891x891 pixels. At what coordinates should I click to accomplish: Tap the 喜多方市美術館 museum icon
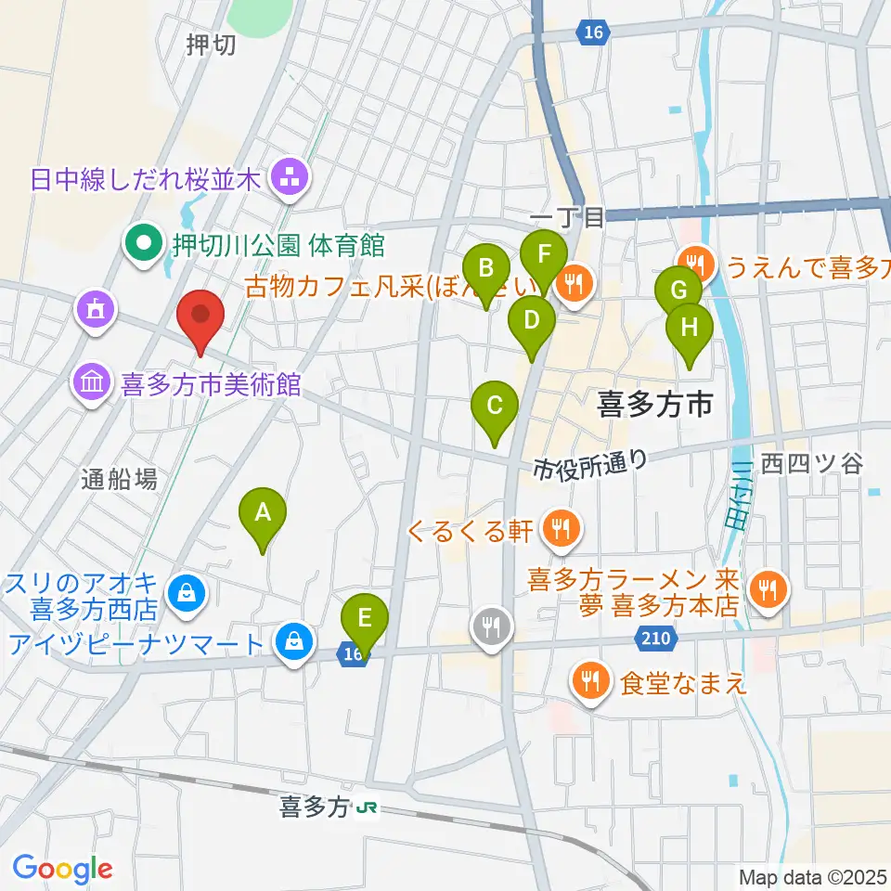click(93, 382)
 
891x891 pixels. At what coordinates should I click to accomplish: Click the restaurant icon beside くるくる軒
click(560, 530)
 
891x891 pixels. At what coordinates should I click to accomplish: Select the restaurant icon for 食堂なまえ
click(589, 683)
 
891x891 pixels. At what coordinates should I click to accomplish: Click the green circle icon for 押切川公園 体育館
click(145, 246)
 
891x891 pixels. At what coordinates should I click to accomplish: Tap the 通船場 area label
click(118, 479)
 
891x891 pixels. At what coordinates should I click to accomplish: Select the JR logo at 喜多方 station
click(368, 808)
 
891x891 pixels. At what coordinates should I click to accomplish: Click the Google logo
click(62, 868)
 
